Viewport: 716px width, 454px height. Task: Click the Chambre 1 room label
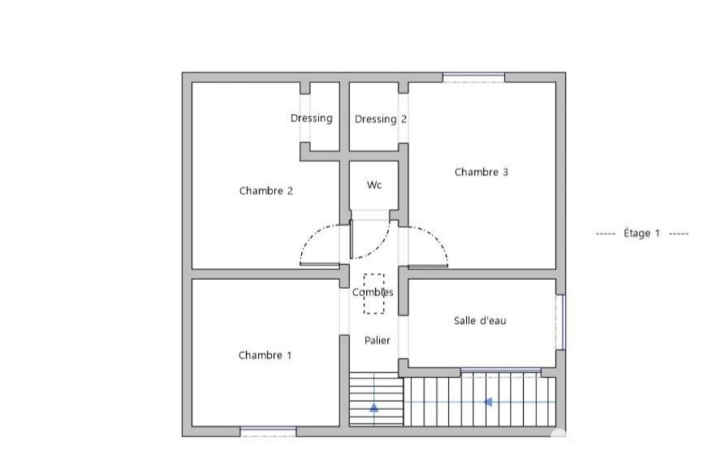tap(265, 355)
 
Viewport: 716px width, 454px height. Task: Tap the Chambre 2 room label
tap(265, 191)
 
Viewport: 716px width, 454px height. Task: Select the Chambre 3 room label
tap(481, 172)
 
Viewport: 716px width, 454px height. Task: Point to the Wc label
tap(374, 184)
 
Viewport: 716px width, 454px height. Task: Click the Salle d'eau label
tap(480, 320)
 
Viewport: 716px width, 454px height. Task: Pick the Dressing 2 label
tap(381, 119)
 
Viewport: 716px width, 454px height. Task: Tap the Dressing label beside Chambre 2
tap(312, 118)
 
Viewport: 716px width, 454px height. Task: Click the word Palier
tap(377, 340)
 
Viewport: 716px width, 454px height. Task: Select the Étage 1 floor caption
tap(641, 233)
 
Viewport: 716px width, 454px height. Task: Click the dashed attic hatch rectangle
tap(374, 274)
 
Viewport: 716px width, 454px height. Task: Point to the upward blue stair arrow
tap(374, 407)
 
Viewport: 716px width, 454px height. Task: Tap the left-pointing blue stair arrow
tap(488, 402)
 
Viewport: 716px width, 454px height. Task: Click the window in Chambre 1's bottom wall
tap(268, 431)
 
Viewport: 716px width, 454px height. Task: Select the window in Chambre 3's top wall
tap(474, 78)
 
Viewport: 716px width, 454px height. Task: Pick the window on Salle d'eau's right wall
tap(561, 322)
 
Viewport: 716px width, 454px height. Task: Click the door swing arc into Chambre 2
tap(311, 235)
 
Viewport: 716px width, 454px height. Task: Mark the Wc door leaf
tap(351, 240)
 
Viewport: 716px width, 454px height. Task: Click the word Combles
tap(372, 292)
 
